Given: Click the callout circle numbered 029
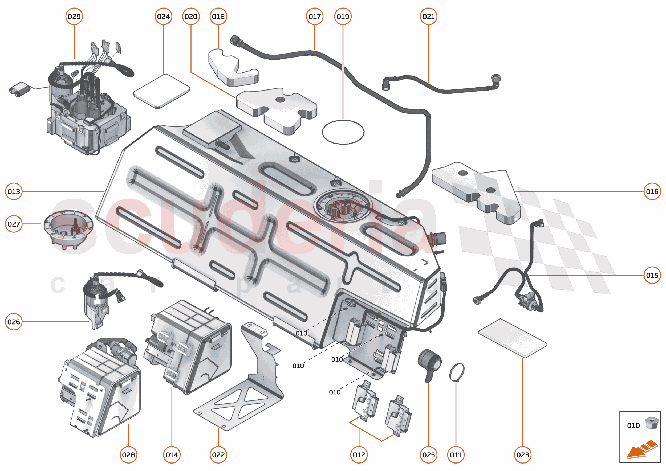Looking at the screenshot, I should [x=74, y=17].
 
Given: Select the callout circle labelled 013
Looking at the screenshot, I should [x=14, y=191].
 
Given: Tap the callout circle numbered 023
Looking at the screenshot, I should [x=522, y=455].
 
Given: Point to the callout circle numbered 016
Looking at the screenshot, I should [x=652, y=191].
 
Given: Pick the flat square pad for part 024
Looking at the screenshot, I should [x=162, y=91].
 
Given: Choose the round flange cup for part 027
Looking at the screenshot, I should [x=68, y=229].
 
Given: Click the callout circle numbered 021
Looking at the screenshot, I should [x=428, y=17].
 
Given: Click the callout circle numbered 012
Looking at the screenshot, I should [x=359, y=455].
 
